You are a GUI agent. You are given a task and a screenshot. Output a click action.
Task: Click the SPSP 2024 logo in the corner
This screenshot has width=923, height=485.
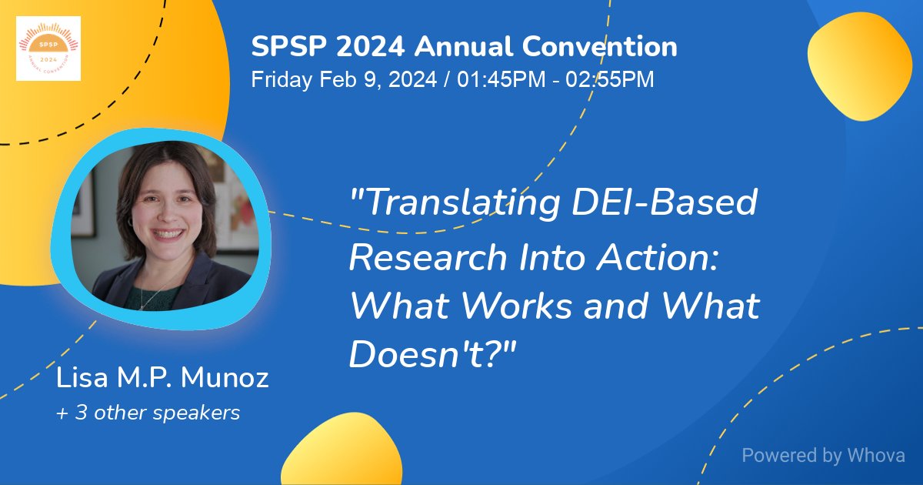click(48, 48)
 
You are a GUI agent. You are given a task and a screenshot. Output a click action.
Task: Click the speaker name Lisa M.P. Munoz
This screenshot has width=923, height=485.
click(163, 379)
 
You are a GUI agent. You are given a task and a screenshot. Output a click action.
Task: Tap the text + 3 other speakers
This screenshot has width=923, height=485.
click(148, 413)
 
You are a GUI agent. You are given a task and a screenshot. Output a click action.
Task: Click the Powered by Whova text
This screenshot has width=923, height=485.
click(823, 455)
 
